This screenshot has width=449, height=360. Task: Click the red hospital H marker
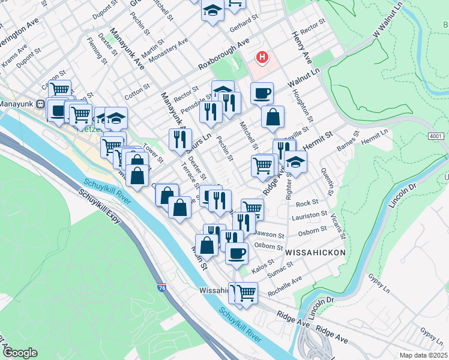(x=262, y=58)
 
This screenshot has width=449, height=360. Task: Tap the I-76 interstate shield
(x=162, y=288)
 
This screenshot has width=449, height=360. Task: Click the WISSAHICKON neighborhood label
(x=316, y=253)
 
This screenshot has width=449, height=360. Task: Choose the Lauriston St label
(x=309, y=214)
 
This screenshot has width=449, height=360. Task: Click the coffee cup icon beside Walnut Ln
(x=262, y=94)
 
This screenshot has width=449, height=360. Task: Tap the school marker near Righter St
(x=295, y=161)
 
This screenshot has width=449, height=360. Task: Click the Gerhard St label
(x=243, y=28)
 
